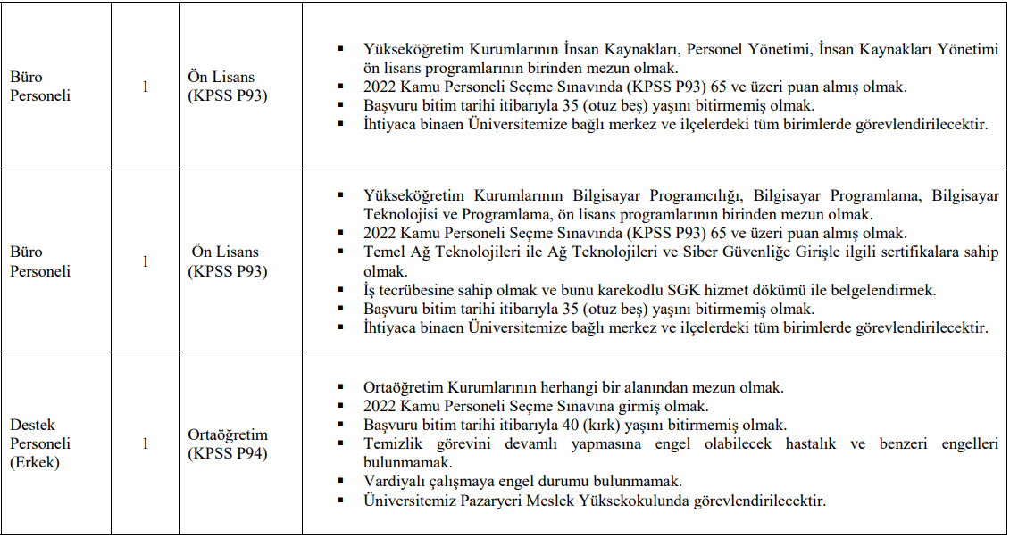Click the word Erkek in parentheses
(35, 462)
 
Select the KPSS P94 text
(228, 453)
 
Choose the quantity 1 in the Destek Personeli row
(146, 443)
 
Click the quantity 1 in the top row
(146, 87)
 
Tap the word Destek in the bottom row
(32, 425)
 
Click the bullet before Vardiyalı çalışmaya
(339, 481)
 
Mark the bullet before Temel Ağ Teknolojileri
(339, 252)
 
